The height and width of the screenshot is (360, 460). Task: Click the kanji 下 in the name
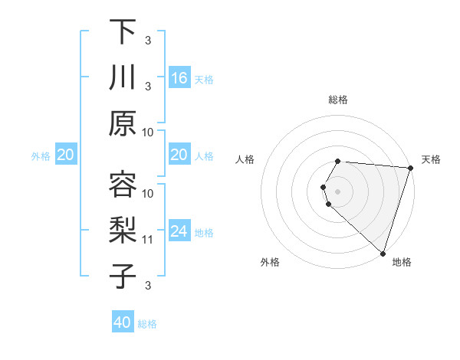[x=123, y=32]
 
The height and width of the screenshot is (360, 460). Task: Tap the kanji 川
[x=123, y=78]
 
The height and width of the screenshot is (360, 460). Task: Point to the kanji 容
[x=123, y=185]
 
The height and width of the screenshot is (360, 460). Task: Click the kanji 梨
[x=123, y=231]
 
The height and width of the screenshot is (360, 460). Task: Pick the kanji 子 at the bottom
[x=123, y=277]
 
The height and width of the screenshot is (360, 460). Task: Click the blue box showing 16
[x=179, y=78]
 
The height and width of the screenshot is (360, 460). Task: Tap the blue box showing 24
[x=179, y=231]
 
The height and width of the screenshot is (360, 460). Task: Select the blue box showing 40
[x=123, y=322]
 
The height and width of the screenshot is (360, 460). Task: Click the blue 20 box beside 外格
[x=65, y=155]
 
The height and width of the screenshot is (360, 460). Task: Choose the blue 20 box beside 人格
[x=179, y=155]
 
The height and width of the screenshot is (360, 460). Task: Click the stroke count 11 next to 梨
[x=148, y=240]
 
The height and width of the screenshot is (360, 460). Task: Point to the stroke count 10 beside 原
[x=148, y=133]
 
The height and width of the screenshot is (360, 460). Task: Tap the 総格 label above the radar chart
[x=338, y=100]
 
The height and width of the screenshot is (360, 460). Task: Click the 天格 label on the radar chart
[x=431, y=159]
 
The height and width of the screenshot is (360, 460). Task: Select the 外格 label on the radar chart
[x=270, y=262]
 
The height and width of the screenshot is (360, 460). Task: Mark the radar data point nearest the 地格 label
[x=383, y=253]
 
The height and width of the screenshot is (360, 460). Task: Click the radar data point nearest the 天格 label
[x=410, y=168]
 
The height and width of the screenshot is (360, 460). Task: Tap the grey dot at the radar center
[x=338, y=191]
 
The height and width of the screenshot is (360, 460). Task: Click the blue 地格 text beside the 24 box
[x=204, y=232]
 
